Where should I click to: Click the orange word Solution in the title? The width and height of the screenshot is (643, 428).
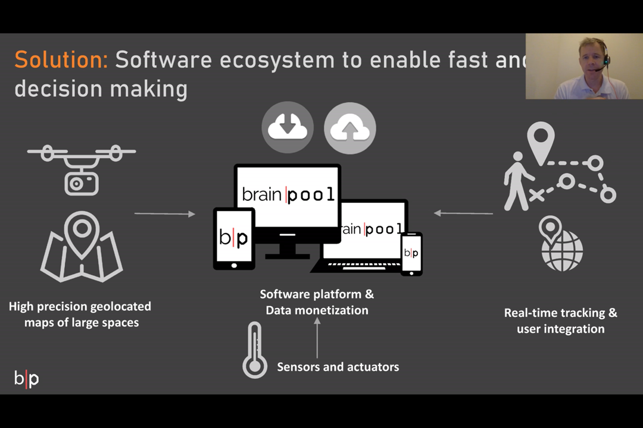(x=61, y=60)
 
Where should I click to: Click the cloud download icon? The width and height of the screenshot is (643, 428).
(x=288, y=128)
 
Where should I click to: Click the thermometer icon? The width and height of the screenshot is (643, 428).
(x=254, y=351)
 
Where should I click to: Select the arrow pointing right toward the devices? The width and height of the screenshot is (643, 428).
(x=165, y=213)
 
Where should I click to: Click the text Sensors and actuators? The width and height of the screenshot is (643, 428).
(x=338, y=367)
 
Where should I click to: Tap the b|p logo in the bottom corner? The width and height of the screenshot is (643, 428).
(x=27, y=379)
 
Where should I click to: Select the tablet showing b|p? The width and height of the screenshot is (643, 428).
(x=234, y=238)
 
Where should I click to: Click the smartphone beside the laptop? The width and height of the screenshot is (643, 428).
(x=411, y=253)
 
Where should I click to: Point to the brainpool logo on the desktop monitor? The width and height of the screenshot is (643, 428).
(x=288, y=194)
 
